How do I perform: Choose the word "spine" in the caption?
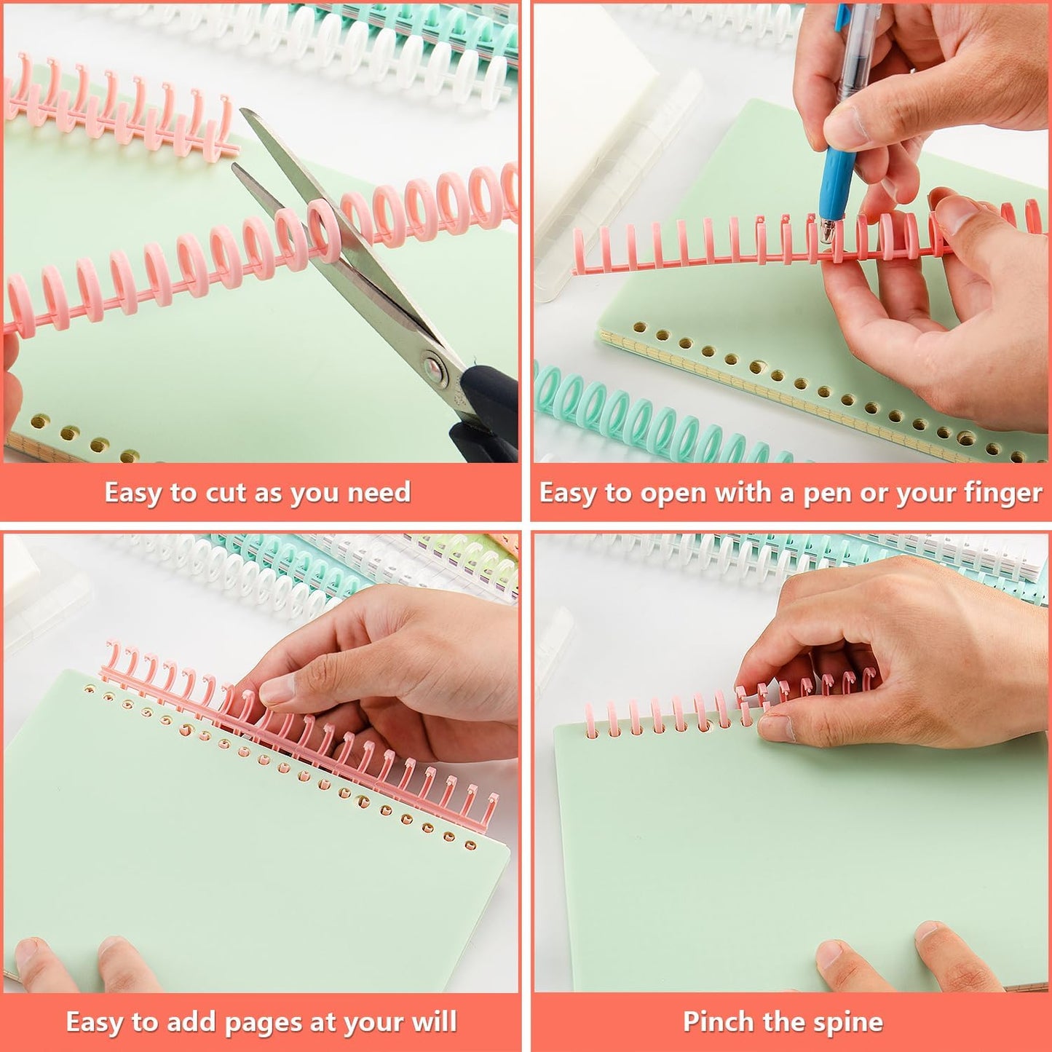(850, 1022)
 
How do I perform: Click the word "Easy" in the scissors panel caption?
(134, 493)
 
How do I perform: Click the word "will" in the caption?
(434, 1022)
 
